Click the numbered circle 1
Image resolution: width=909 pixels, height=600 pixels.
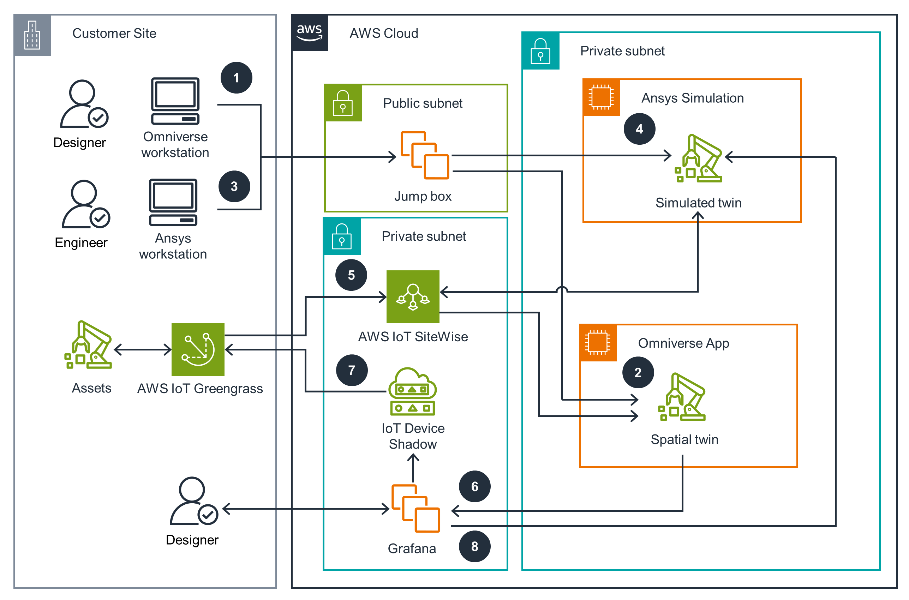click(236, 78)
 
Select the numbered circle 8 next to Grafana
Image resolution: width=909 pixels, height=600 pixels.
click(474, 546)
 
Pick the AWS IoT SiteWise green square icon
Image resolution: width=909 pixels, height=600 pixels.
click(413, 296)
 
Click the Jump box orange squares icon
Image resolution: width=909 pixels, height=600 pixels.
click(424, 155)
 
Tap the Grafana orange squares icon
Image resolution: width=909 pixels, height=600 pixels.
click(415, 508)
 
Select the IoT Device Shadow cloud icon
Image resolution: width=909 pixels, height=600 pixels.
click(412, 391)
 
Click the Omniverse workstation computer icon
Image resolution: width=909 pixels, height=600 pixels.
click(175, 101)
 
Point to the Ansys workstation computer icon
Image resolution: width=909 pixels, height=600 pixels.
click(173, 202)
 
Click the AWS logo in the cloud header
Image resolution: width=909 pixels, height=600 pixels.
click(309, 32)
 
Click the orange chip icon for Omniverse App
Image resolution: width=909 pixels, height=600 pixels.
click(597, 342)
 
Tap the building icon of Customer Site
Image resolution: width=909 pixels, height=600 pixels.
click(32, 35)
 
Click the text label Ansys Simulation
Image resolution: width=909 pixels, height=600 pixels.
click(692, 98)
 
